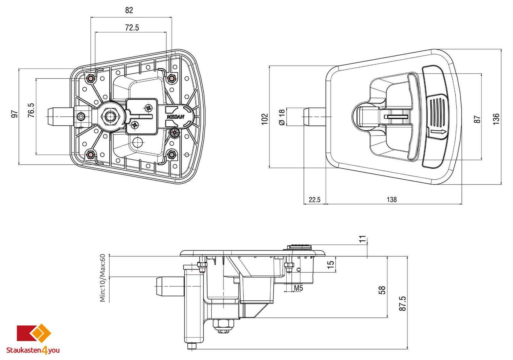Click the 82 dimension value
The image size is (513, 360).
tap(129, 10)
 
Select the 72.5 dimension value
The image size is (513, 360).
tap(132, 28)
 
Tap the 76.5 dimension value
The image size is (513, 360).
tap(31, 110)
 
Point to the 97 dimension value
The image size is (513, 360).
tap(14, 114)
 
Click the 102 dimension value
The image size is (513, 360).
tap(265, 119)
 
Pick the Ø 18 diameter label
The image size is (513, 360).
tap(282, 117)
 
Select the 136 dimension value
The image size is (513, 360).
tap(496, 119)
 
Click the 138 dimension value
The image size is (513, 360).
tap(391, 199)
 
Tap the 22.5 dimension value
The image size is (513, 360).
tap(315, 200)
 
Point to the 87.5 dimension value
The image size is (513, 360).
tap(403, 304)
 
